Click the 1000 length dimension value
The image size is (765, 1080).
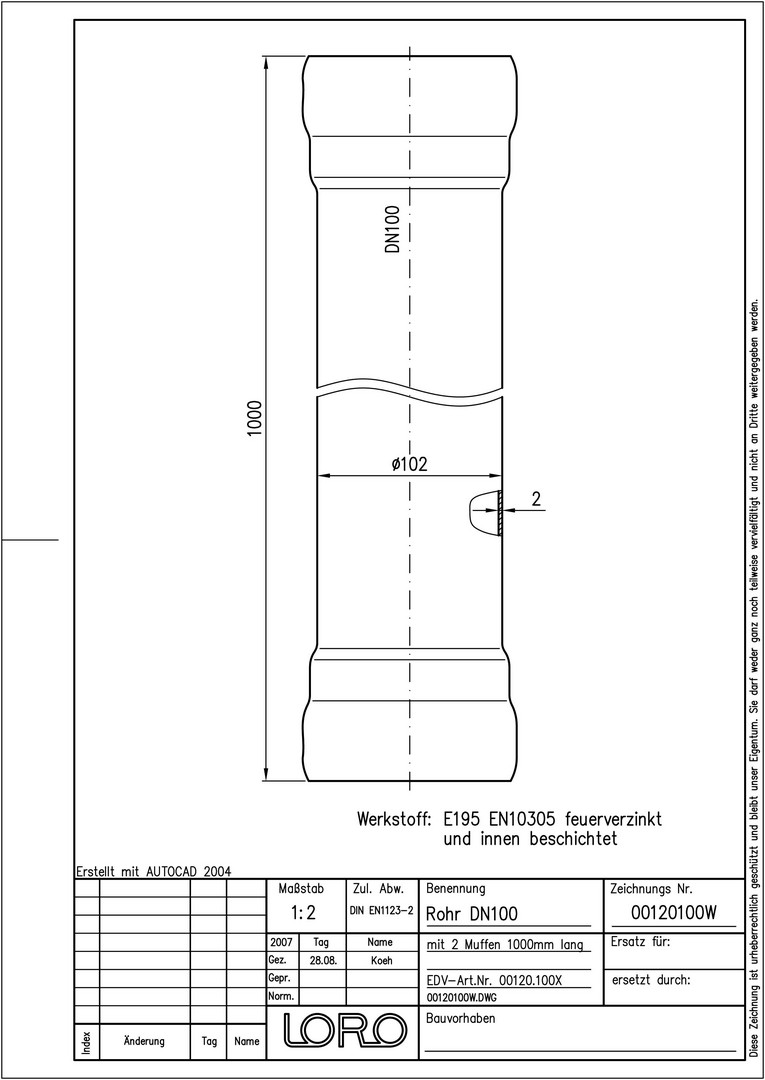[x=255, y=417]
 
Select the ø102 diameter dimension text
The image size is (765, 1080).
[x=409, y=464]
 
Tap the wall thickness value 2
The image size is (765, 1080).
[x=536, y=500]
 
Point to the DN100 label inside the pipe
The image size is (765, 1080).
[x=392, y=229]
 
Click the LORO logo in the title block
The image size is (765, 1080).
[x=342, y=1029]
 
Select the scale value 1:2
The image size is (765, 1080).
[x=303, y=913]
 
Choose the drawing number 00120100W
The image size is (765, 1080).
[x=674, y=913]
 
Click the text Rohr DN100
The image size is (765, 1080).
[x=472, y=914]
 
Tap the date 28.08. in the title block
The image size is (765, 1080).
[x=323, y=960]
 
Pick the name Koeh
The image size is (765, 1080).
[x=381, y=960]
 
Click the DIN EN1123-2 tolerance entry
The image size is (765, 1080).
[x=382, y=911]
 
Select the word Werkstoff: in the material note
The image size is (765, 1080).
[x=394, y=820]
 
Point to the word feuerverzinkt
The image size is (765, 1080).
[x=613, y=820]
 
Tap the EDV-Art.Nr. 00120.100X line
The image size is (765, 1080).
[x=494, y=979]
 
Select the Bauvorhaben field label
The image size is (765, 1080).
[x=461, y=1019]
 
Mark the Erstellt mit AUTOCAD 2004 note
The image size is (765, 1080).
[x=153, y=871]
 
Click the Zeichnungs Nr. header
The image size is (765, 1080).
[x=651, y=889]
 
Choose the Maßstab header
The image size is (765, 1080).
[x=301, y=889]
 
